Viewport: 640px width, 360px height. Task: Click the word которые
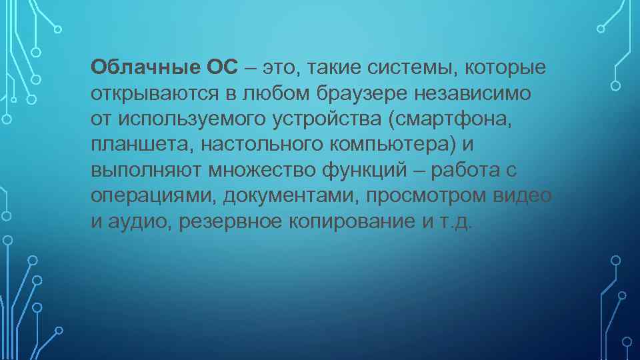(x=505, y=67)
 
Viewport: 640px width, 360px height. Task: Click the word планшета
(x=129, y=145)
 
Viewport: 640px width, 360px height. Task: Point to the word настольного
(x=234, y=145)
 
